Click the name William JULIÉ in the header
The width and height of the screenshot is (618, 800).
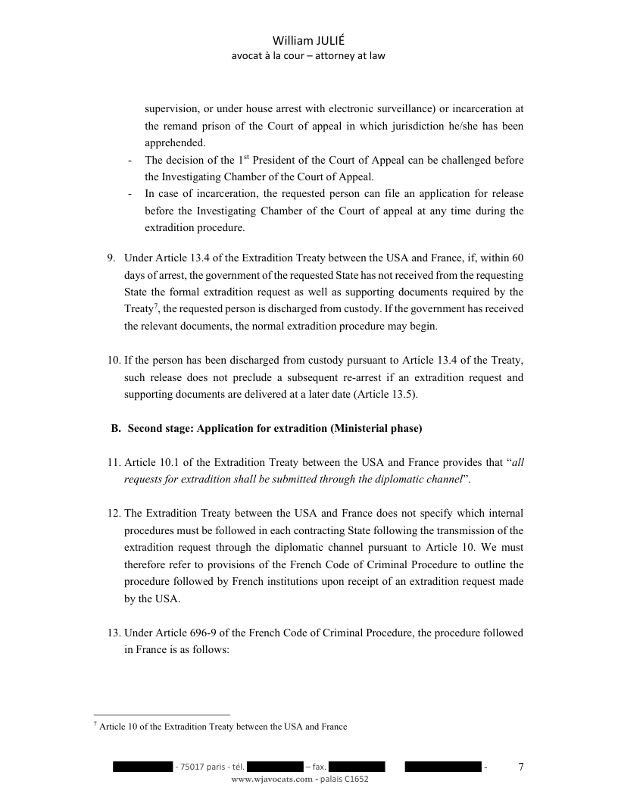click(308, 40)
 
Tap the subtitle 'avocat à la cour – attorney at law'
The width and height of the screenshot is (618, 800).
click(308, 55)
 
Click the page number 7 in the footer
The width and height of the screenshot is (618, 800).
click(520, 767)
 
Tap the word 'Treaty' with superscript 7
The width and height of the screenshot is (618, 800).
click(139, 309)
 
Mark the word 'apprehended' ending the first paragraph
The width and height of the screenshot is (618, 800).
click(175, 142)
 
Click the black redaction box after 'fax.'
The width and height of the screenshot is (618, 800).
click(357, 767)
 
